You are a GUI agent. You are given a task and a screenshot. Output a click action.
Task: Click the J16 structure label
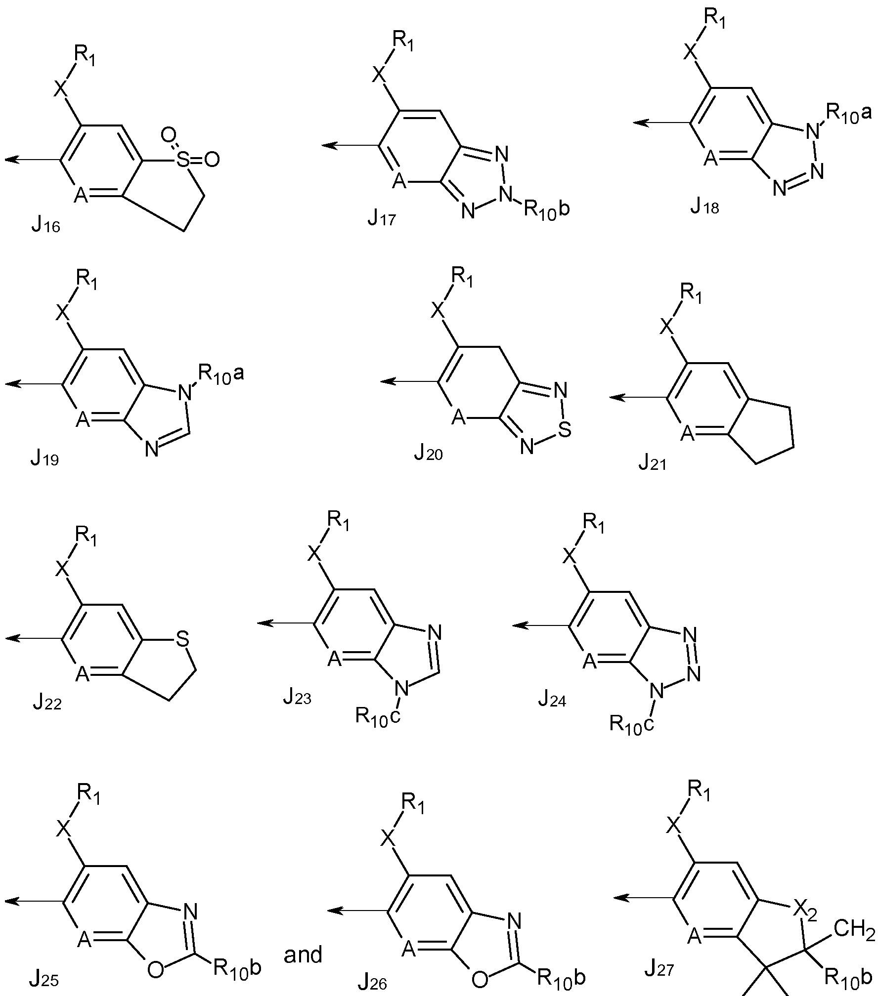coord(45,227)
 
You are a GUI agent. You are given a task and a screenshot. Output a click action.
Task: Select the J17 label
coord(382,217)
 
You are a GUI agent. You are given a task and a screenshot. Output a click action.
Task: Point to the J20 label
coord(428,453)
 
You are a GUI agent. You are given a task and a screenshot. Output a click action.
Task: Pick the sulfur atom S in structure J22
coord(183,639)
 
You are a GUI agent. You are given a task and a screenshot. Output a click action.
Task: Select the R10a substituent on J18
coord(848,115)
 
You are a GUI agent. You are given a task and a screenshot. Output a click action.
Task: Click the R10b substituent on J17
coord(546,209)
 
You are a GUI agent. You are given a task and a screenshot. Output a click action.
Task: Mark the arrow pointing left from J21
coord(638,397)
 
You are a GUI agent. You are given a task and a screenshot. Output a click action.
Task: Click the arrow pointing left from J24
coord(541,625)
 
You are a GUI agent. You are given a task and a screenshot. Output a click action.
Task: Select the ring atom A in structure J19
coord(83,422)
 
